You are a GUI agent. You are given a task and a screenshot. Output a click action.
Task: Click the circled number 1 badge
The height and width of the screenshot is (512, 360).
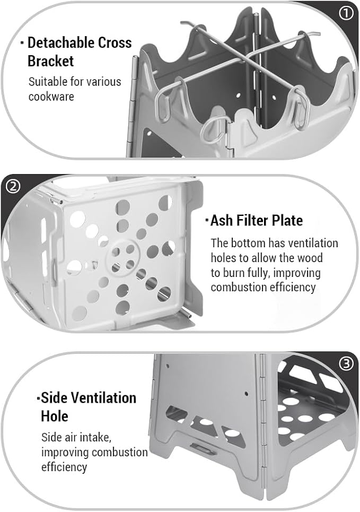click(x=347, y=13)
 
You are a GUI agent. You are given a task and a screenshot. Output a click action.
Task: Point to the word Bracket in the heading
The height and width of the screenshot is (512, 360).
click(x=50, y=61)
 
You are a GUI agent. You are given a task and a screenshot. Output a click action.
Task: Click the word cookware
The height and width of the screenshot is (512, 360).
click(x=51, y=97)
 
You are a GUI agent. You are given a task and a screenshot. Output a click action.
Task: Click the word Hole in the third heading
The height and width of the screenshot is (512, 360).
click(x=55, y=416)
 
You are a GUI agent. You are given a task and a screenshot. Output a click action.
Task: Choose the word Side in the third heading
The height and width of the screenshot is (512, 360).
click(x=54, y=398)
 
